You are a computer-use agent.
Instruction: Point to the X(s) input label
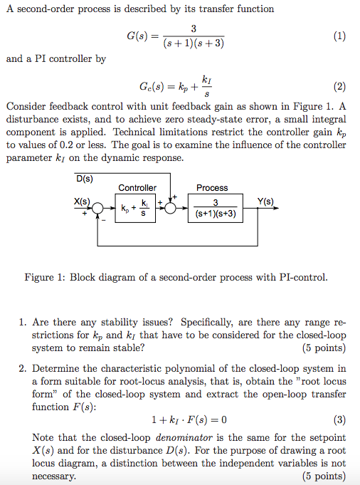coord(83,201)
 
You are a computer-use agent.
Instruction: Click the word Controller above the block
coord(137,188)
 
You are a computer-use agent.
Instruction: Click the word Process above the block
coord(212,188)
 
